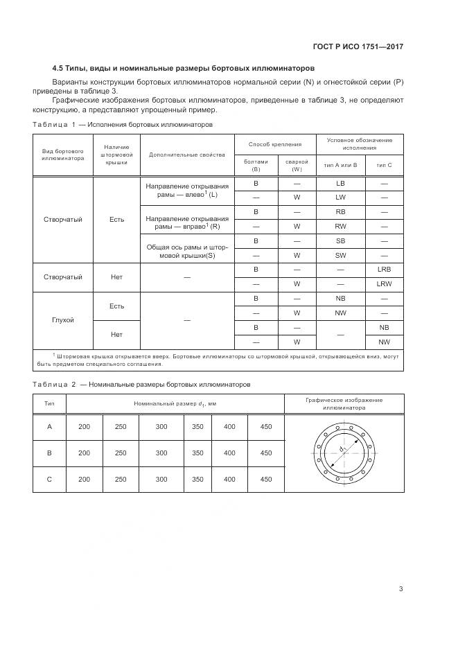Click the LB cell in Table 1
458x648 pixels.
point(340,183)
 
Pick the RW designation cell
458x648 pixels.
point(340,226)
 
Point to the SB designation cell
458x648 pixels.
point(340,240)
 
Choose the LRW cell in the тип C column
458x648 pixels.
point(384,284)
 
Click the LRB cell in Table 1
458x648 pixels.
point(384,269)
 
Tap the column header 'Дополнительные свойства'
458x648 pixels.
point(187,154)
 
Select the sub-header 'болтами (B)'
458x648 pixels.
point(256,165)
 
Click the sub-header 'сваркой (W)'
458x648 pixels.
point(297,165)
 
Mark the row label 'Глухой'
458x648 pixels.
point(63,320)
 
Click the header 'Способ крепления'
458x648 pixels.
point(276,144)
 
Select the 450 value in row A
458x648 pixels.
point(265,427)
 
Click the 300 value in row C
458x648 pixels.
point(161,479)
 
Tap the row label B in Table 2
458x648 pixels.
point(49,453)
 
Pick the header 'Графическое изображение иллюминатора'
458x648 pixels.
point(344,404)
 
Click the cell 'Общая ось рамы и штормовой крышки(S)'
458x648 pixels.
point(187,248)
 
